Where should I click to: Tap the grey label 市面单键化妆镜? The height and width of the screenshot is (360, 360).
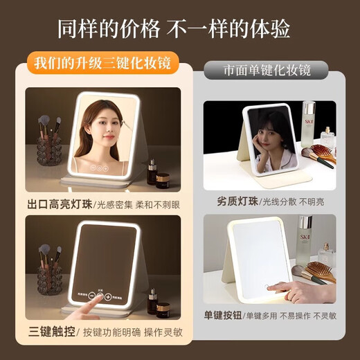pos(267,71)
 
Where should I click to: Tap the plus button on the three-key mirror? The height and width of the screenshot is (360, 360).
pos(109,296)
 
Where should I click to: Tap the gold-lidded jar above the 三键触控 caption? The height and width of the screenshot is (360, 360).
pos(163,309)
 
